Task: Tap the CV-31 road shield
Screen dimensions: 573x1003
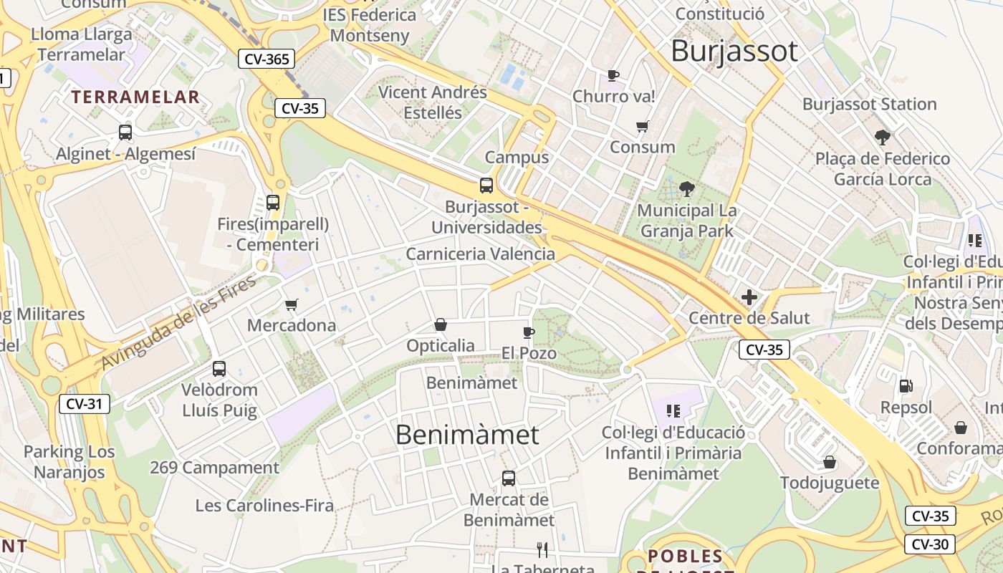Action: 84,403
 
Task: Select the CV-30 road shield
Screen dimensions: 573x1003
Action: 930,544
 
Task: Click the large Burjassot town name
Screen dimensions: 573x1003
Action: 734,51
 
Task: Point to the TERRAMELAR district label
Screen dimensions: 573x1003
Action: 135,97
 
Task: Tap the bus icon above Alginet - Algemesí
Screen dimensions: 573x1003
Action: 125,132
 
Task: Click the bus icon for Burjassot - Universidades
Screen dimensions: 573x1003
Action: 486,186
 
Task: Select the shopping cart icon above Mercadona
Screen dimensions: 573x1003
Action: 292,305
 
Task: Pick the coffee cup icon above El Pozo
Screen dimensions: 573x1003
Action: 528,332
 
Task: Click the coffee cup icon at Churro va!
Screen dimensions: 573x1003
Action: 613,75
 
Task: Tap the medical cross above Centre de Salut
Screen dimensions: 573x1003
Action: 749,297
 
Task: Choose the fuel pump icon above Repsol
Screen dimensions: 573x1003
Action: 906,386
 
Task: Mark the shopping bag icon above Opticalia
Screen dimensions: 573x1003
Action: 441,325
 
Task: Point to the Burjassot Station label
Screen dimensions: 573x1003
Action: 869,104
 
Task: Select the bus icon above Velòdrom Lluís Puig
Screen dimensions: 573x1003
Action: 219,369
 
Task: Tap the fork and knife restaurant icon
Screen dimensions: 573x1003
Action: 542,550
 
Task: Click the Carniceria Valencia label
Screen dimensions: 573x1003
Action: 480,254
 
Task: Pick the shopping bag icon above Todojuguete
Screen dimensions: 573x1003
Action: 830,462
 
